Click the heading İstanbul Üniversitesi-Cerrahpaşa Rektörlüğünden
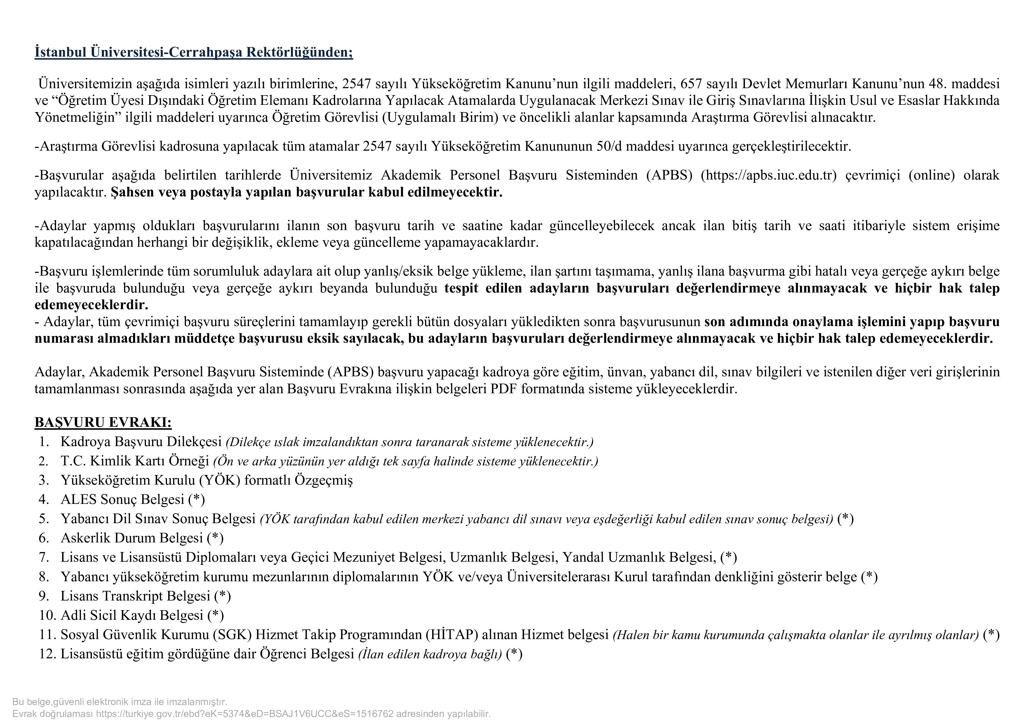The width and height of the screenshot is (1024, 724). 194,53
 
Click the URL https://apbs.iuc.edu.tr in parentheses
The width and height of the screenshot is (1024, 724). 769,175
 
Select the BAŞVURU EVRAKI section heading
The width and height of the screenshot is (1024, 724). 103,422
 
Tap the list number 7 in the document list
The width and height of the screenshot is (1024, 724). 44,558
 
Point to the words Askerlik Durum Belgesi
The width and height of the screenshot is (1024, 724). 132,538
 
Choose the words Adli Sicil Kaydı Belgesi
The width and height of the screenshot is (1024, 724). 132,616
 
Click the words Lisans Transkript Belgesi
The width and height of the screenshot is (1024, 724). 135,596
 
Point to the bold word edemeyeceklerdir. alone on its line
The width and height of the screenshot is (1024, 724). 91,305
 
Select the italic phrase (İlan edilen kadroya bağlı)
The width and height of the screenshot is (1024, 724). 430,655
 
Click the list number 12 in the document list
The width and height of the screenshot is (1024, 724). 47,655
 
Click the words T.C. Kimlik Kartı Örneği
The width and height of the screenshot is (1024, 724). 135,461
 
